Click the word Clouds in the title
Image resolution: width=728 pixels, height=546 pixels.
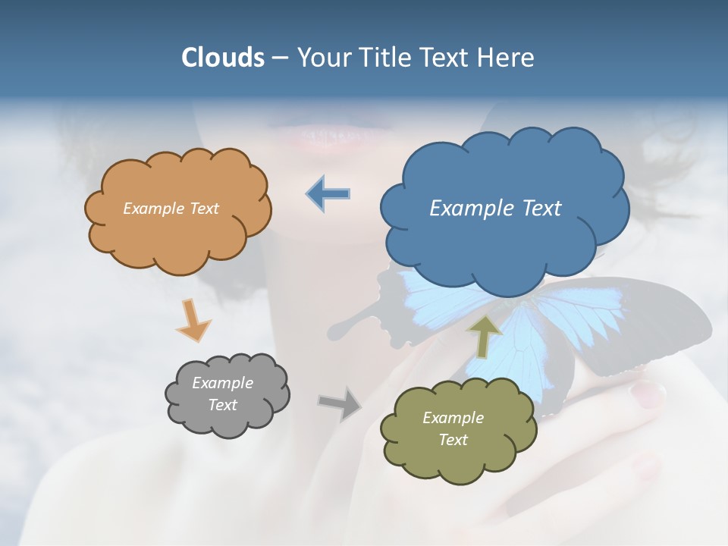(x=222, y=58)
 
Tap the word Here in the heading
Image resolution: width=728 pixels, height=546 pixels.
(x=507, y=58)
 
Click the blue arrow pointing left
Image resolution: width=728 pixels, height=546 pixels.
(x=328, y=194)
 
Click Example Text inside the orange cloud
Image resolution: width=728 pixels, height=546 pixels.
(x=171, y=209)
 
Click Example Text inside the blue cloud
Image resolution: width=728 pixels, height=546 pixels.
(x=495, y=209)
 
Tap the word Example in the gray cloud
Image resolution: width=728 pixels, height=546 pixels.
(x=222, y=383)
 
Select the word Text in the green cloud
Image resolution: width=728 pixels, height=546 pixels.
(x=453, y=440)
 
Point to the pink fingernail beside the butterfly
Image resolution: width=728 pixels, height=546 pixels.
(x=648, y=393)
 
